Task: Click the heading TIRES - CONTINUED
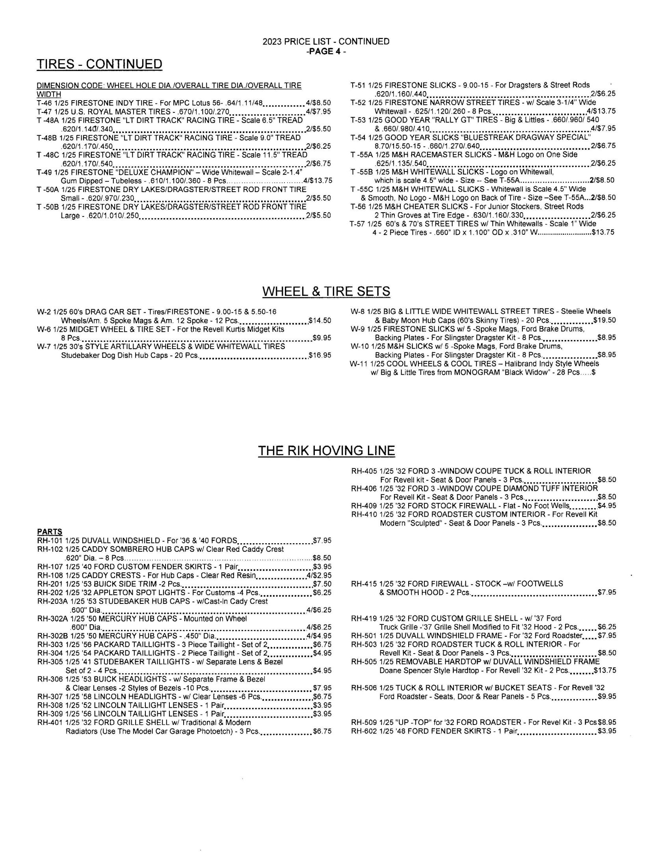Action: click(x=99, y=64)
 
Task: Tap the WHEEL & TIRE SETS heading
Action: click(x=326, y=291)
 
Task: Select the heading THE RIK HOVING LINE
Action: click(x=326, y=450)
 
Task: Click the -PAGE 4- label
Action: click(x=326, y=51)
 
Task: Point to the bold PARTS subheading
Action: click(x=50, y=532)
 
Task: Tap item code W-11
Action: click(x=359, y=364)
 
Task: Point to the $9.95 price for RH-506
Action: click(x=607, y=697)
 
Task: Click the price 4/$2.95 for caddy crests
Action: click(x=319, y=575)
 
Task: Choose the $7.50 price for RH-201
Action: click(x=322, y=584)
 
